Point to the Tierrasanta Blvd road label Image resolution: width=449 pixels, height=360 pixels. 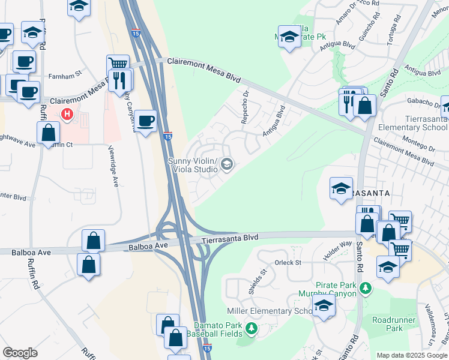click(229, 238)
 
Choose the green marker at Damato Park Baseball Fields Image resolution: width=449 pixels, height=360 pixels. click(252, 328)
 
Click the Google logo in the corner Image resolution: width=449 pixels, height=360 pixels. click(20, 352)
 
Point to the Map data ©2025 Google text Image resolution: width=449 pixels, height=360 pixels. click(411, 355)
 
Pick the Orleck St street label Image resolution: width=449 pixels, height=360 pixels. click(288, 262)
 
